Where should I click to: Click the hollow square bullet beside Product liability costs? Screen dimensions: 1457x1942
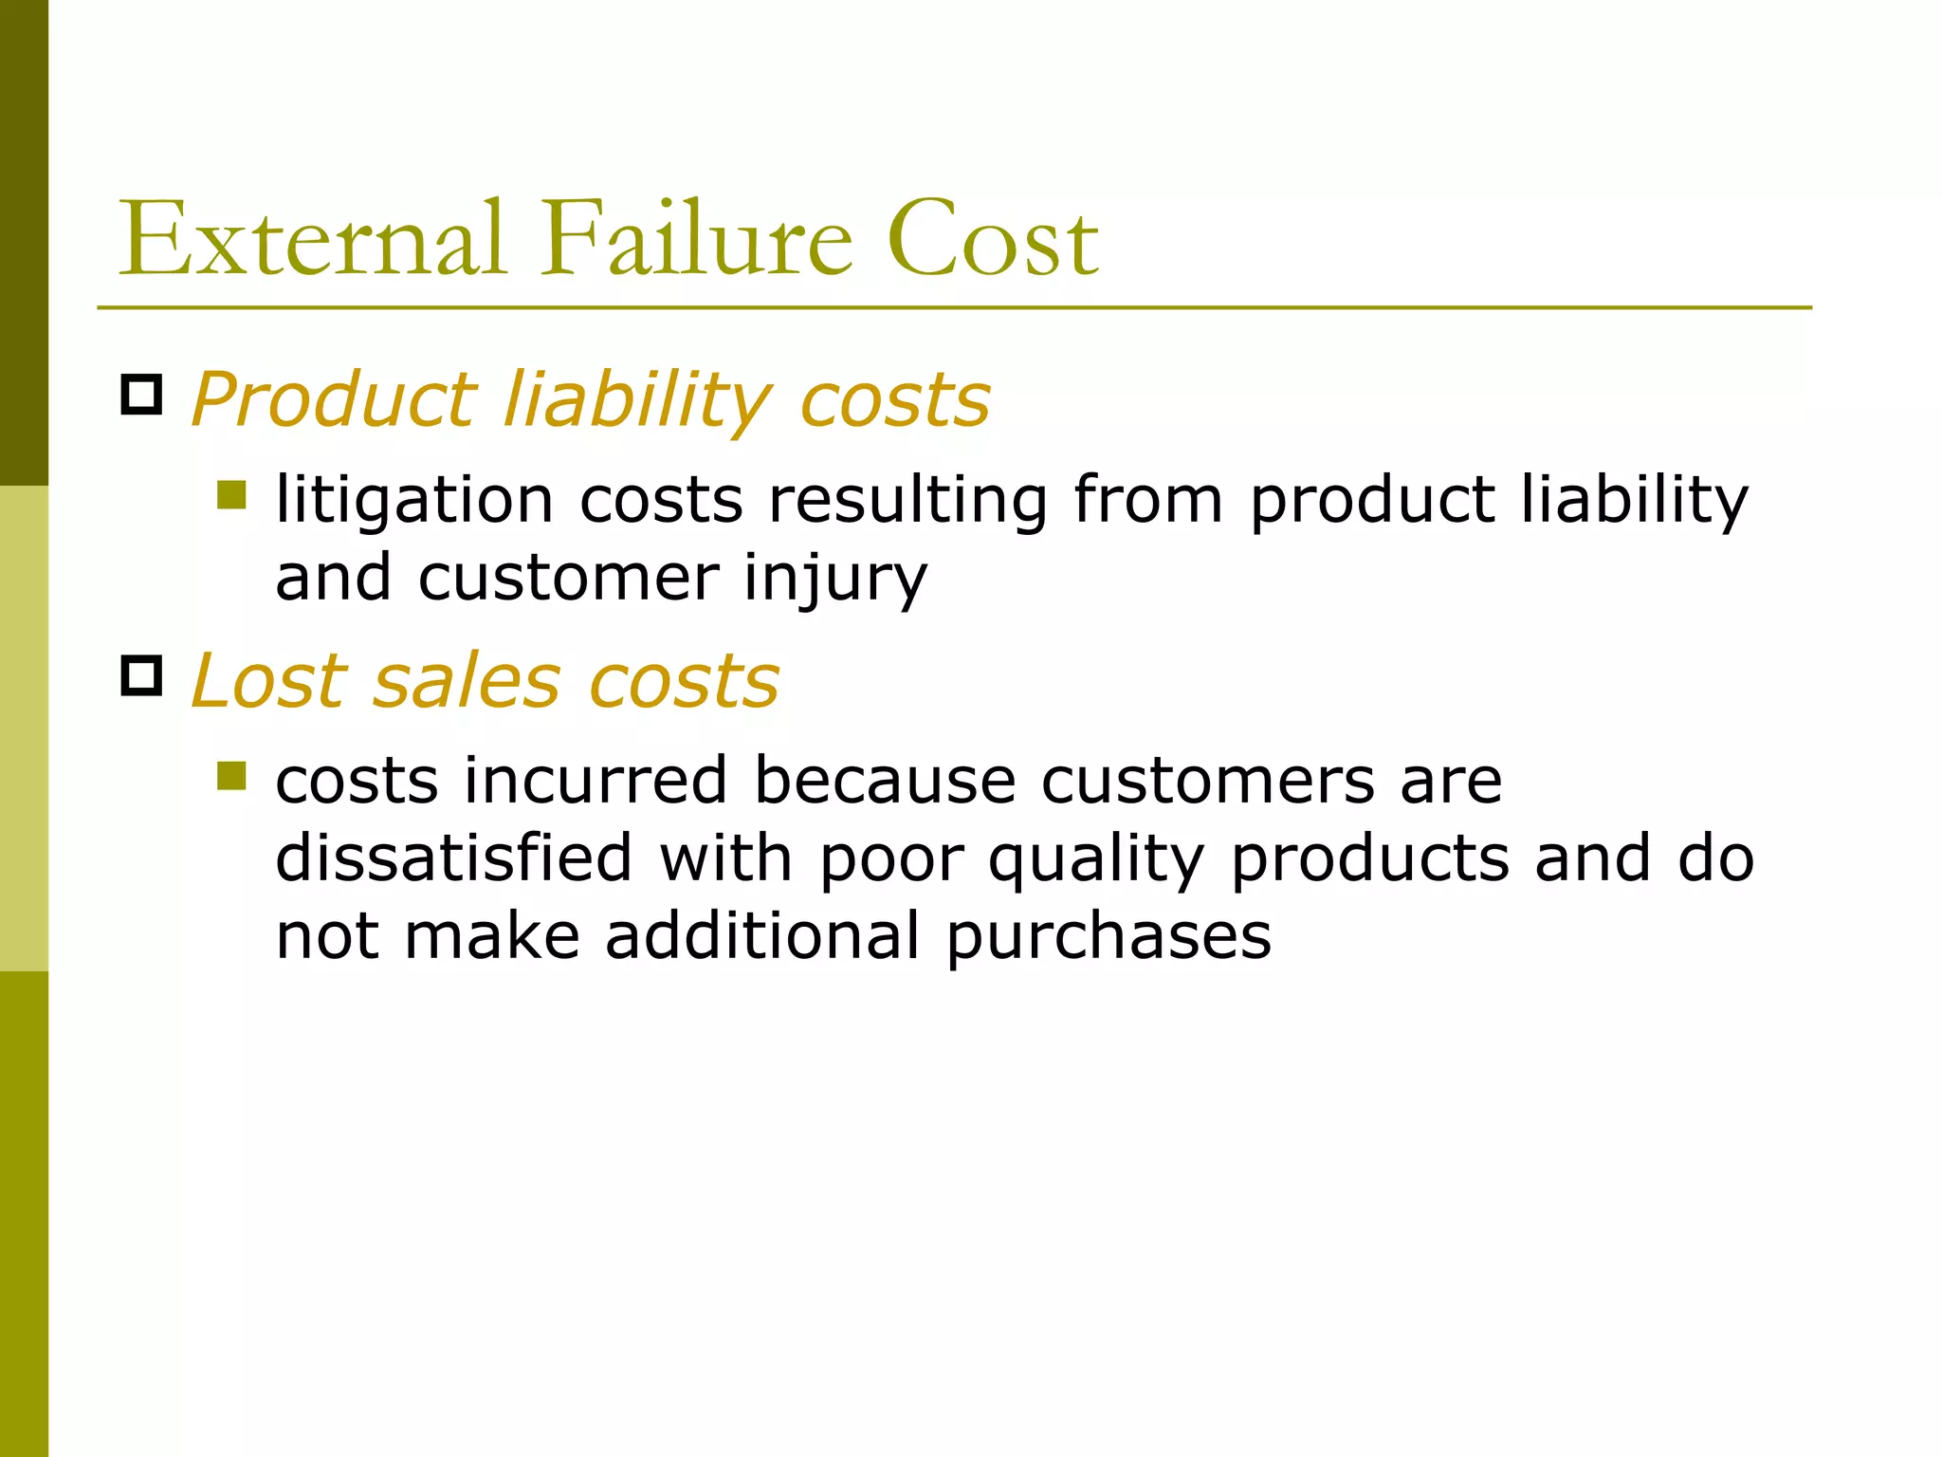coord(142,395)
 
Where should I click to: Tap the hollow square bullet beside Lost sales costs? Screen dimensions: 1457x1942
coord(142,675)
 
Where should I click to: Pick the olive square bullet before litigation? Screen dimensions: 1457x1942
coord(231,494)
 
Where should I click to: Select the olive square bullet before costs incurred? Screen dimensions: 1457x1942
coord(231,775)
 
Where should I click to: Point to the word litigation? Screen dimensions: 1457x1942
coord(414,501)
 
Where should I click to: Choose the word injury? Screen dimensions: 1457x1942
coord(834,579)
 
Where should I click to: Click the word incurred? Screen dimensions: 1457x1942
coord(595,782)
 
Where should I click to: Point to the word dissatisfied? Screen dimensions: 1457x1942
coord(453,859)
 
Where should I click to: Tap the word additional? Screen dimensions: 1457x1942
coord(762,937)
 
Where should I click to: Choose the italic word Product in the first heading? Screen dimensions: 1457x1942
coord(333,400)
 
